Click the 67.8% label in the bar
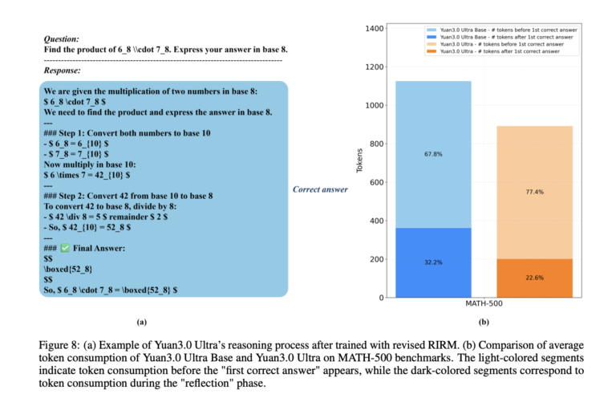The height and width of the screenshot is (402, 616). [x=432, y=154]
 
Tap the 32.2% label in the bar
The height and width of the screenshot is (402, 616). [x=432, y=262]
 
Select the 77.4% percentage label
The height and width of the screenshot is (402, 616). [x=533, y=193]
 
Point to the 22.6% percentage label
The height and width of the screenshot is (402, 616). [x=533, y=278]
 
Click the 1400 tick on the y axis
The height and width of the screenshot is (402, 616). [x=373, y=29]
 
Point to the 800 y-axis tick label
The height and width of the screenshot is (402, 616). [x=375, y=144]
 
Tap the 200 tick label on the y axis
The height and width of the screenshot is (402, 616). [x=375, y=259]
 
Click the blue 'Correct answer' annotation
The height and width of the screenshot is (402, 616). [x=320, y=189]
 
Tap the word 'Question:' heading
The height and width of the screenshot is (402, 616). [x=62, y=38]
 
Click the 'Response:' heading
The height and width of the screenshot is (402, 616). [x=63, y=71]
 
